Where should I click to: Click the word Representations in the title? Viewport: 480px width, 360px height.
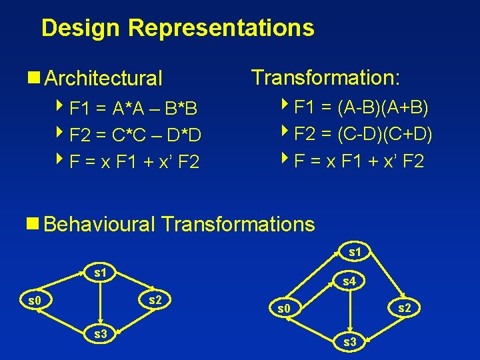221,28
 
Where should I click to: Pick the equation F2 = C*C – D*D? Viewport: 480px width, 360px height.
135,136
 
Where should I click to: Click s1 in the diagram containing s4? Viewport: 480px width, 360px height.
355,253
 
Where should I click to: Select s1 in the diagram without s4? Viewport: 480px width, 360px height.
100,273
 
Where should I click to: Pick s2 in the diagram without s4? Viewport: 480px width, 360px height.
155,300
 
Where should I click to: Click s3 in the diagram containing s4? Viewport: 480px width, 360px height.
349,342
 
